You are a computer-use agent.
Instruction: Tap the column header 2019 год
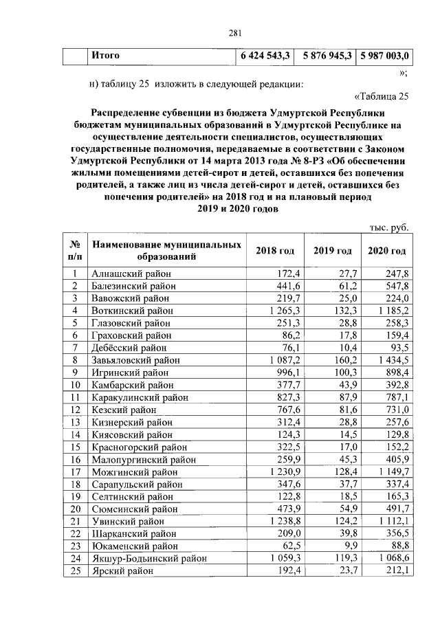pyautogui.click(x=333, y=251)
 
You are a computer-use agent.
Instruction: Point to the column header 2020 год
pyautogui.click(x=386, y=251)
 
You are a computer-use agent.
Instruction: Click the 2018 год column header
pyautogui.click(x=275, y=251)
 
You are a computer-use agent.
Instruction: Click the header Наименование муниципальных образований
pyautogui.click(x=166, y=251)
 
